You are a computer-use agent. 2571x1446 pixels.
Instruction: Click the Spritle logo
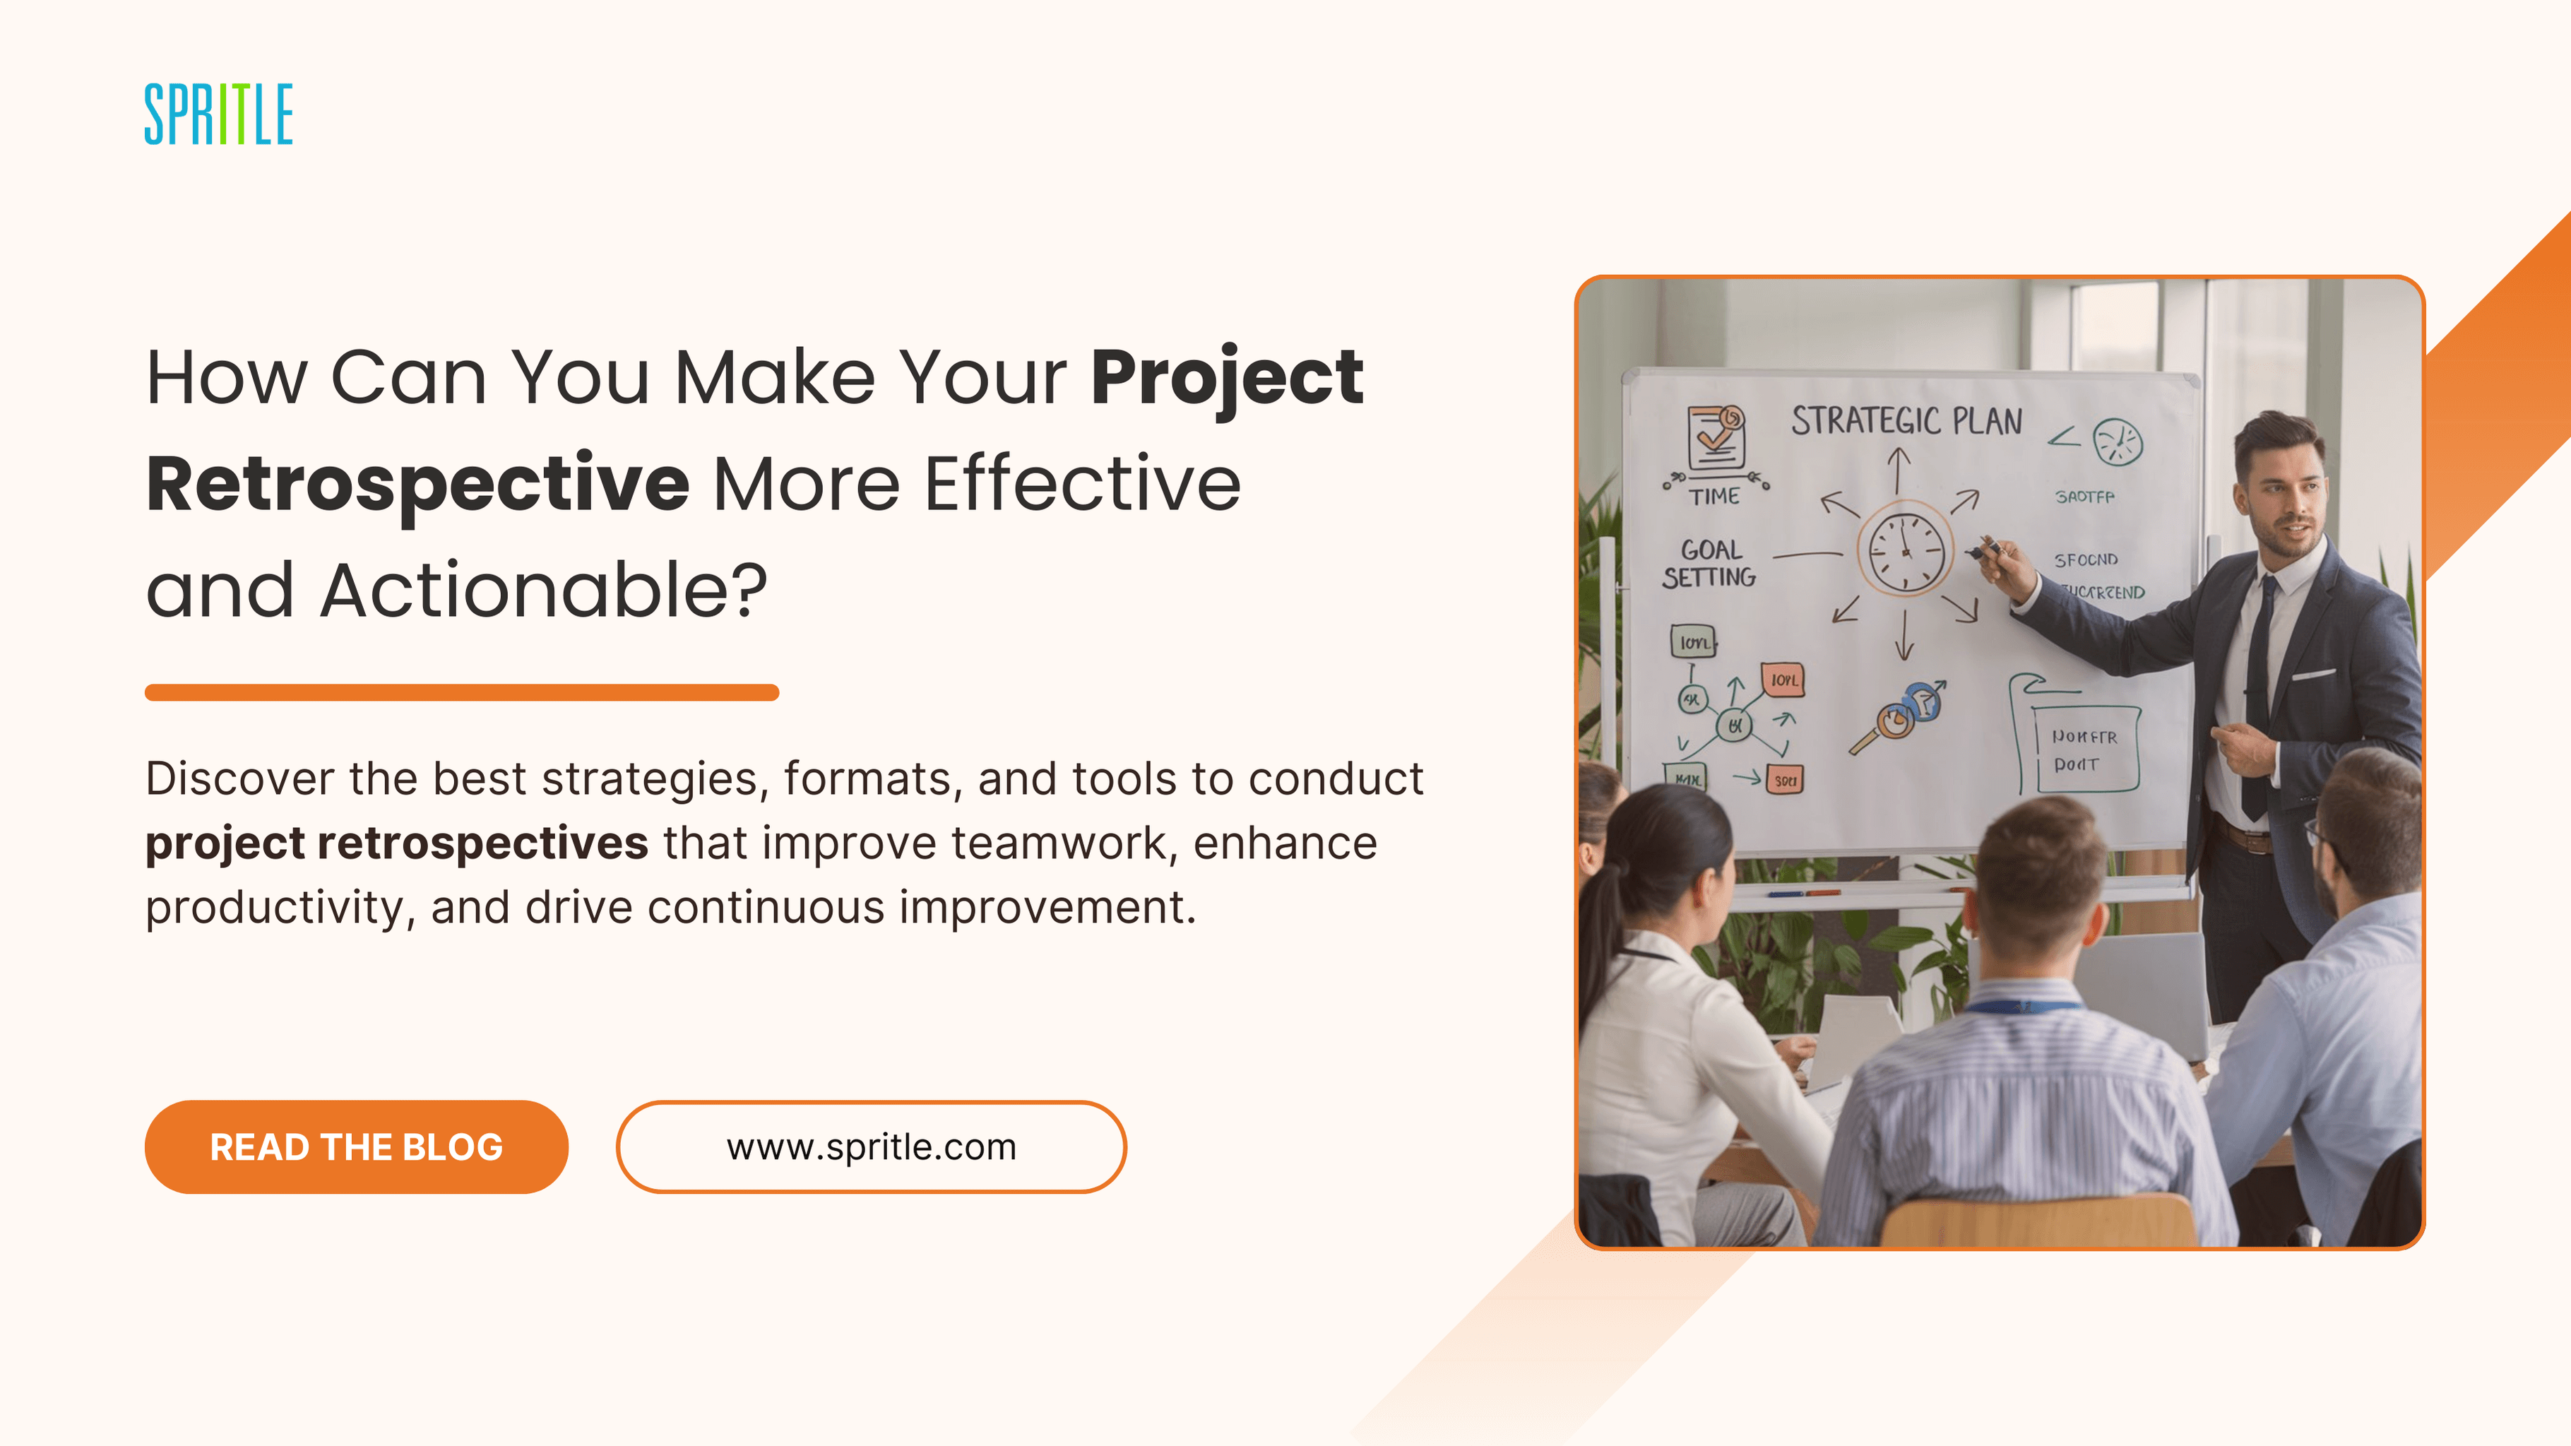[x=218, y=114]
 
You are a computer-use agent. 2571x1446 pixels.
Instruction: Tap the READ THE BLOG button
[x=356, y=1146]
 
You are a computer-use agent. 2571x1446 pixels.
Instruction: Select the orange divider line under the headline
[x=461, y=692]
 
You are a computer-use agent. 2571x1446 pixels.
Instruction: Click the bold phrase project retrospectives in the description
[x=396, y=843]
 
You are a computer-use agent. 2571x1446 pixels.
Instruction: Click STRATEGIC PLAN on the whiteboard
[x=1906, y=421]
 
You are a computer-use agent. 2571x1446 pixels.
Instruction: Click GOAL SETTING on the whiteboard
[x=1709, y=564]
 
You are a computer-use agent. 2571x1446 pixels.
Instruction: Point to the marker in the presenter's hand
[x=1986, y=549]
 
